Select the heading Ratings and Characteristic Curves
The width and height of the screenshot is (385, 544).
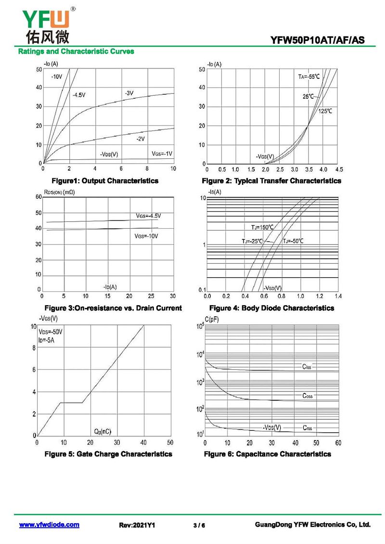pyautogui.click(x=76, y=51)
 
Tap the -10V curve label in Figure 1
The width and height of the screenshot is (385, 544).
pyautogui.click(x=56, y=77)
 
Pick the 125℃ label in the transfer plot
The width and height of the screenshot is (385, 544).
pyautogui.click(x=325, y=111)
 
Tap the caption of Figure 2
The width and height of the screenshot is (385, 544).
pyautogui.click(x=271, y=181)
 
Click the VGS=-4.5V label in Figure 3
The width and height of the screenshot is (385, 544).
pyautogui.click(x=148, y=216)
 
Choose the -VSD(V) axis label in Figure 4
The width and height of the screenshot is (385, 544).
pyautogui.click(x=273, y=288)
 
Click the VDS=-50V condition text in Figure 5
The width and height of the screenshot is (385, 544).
pyautogui.click(x=51, y=332)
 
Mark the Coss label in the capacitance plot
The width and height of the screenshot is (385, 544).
pyautogui.click(x=307, y=396)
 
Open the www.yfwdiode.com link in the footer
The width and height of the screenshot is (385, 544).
pyautogui.click(x=49, y=525)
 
